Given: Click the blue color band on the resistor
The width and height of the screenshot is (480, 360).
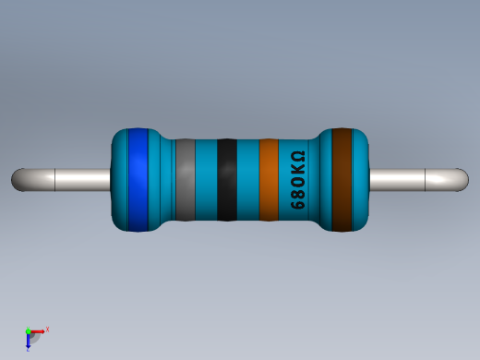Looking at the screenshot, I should [138, 179].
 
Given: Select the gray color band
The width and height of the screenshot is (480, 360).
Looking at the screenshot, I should [185, 179].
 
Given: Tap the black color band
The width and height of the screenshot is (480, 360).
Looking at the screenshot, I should [226, 179].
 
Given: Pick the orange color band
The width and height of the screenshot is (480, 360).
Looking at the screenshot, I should [269, 179].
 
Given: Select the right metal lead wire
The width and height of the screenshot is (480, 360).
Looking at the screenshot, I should [411, 179].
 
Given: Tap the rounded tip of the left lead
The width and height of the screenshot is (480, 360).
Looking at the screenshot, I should [18, 179].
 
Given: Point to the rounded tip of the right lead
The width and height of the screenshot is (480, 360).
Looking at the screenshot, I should [462, 179].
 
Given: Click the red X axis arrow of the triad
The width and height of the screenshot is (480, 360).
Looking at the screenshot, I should [39, 330].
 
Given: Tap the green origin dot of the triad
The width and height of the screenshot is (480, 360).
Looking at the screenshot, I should [29, 331].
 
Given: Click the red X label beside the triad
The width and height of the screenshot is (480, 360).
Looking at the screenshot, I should [47, 329].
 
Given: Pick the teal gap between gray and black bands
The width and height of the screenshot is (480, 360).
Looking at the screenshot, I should [205, 179].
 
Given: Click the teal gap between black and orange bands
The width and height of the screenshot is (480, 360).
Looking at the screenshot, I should [247, 179].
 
